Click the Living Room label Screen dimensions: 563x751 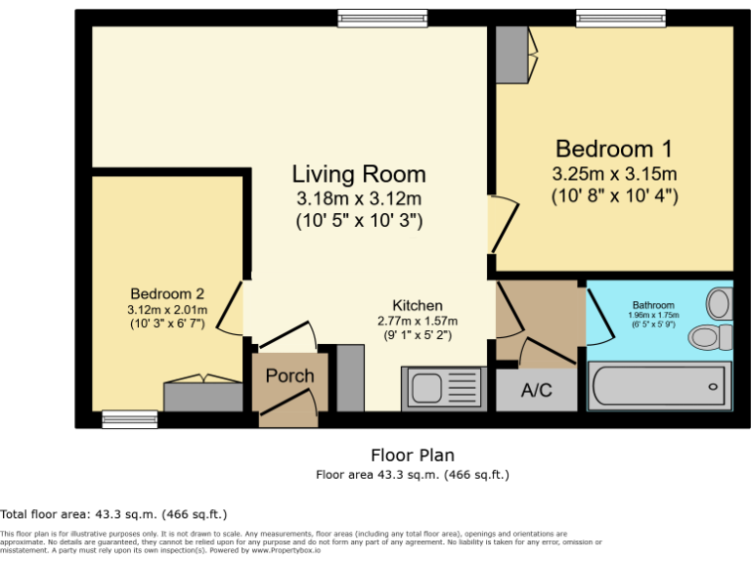(359, 174)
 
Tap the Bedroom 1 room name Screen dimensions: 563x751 (614, 150)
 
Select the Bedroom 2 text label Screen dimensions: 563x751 (167, 293)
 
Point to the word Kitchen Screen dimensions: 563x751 (418, 305)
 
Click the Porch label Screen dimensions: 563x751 (289, 375)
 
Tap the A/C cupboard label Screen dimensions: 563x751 (536, 391)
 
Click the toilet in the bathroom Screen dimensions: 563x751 (711, 337)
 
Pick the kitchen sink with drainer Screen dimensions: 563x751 (442, 388)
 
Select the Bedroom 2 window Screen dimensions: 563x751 (130, 419)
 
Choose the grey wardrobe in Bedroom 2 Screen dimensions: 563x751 (202, 397)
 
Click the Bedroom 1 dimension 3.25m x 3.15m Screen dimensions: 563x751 (614, 175)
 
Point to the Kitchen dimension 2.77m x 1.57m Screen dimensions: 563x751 (418, 321)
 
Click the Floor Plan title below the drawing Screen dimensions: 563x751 (412, 455)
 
